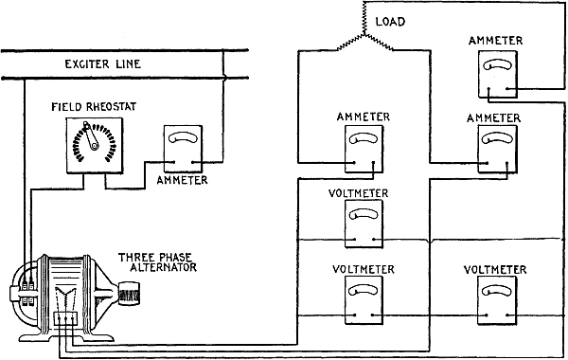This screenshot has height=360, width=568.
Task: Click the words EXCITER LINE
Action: (x=102, y=64)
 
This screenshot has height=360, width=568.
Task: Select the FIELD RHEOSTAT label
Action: (x=94, y=107)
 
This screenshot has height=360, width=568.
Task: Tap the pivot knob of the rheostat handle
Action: (x=94, y=146)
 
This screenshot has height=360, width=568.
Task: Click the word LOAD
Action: (x=390, y=22)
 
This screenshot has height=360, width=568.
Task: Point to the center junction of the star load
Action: (x=364, y=35)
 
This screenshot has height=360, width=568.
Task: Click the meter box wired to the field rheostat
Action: (x=183, y=149)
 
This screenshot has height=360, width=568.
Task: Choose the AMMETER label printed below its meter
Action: (x=182, y=180)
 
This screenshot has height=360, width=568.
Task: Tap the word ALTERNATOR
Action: (x=163, y=267)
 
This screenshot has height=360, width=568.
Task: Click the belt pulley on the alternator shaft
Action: (x=129, y=294)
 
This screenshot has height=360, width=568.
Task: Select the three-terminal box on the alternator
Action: (x=65, y=318)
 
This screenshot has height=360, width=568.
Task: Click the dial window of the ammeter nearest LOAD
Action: (x=497, y=65)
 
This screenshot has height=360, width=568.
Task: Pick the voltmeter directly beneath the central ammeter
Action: (x=364, y=224)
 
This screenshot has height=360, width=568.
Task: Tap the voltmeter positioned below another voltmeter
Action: (x=364, y=300)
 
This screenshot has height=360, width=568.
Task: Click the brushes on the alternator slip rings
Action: (x=27, y=293)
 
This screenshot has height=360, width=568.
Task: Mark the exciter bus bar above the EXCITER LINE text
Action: (x=125, y=50)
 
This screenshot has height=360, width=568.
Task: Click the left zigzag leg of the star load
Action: (x=350, y=43)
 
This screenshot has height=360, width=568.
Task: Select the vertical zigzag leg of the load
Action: (x=364, y=18)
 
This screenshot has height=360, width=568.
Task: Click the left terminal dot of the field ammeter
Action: (x=174, y=162)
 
